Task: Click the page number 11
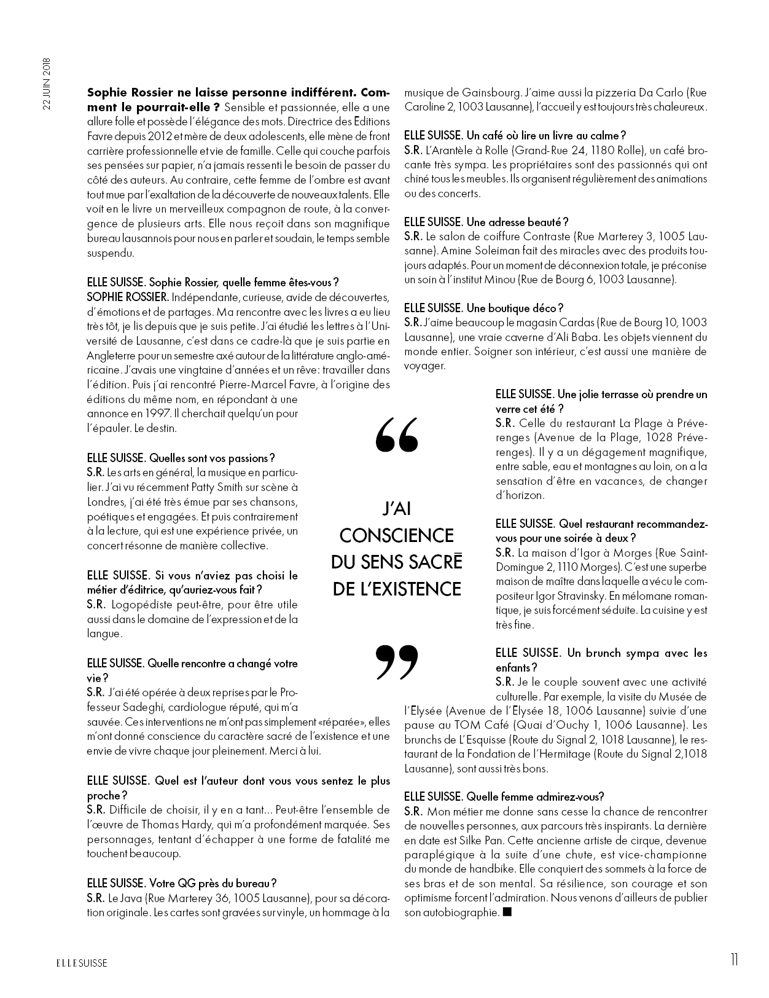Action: pos(734,960)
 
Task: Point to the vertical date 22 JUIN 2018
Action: pos(46,83)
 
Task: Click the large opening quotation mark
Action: pos(396,434)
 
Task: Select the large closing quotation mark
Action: pos(396,663)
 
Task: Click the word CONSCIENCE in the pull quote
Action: pos(396,535)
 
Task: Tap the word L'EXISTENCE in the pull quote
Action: pos(397,589)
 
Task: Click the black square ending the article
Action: pos(507,913)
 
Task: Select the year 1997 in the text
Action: pos(155,414)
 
